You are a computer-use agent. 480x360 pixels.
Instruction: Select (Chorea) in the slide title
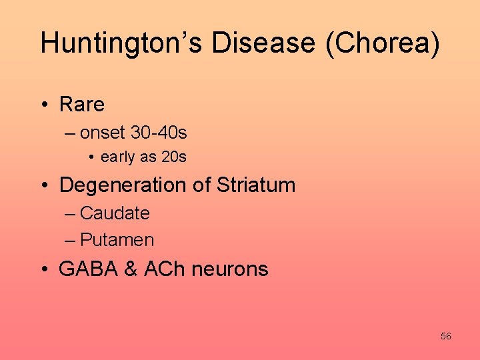[388, 43]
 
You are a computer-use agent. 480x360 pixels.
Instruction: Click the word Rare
[82, 105]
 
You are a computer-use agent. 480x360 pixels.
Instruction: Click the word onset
[103, 133]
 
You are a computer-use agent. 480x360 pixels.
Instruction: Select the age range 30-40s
[159, 133]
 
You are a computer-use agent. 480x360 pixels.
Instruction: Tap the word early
[118, 158]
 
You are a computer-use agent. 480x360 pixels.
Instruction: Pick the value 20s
[174, 158]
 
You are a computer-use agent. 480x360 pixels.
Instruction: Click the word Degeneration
[123, 185]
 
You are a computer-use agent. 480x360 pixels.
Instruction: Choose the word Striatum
[255, 185]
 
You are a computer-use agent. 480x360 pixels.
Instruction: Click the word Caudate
[115, 213]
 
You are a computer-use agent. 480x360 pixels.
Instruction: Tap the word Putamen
[117, 240]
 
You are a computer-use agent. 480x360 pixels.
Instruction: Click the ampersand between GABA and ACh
[131, 269]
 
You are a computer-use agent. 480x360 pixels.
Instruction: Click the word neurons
[230, 269]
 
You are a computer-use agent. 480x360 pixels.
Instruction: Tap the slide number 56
[445, 337]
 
